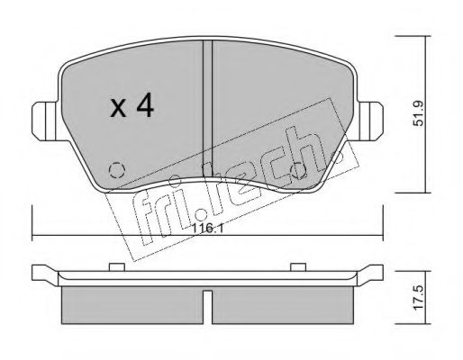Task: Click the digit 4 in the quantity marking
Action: (143, 108)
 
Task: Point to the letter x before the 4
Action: (116, 110)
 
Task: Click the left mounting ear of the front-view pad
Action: (43, 118)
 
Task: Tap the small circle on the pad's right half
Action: (300, 167)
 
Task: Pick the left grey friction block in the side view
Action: (135, 302)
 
